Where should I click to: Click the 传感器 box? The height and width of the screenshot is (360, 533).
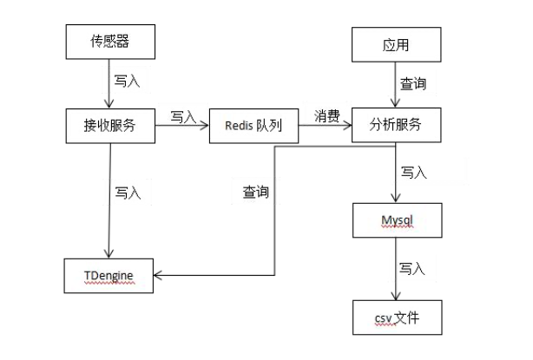(x=110, y=41)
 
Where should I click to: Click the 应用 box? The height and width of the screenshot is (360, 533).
(x=397, y=43)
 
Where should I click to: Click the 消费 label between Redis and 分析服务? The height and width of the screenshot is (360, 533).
(x=326, y=115)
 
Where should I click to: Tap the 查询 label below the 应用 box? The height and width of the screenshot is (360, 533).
(x=413, y=85)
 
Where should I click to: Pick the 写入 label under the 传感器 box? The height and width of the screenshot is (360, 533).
(x=127, y=81)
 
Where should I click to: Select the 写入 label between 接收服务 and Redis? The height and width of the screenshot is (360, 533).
(x=182, y=116)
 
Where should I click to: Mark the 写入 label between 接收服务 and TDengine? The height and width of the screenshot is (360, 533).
(x=128, y=193)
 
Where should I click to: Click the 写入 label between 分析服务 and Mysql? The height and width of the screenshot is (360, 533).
(x=413, y=173)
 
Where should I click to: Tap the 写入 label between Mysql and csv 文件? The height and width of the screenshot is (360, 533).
(x=412, y=269)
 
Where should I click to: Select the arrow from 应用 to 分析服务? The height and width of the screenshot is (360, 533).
(x=397, y=85)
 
